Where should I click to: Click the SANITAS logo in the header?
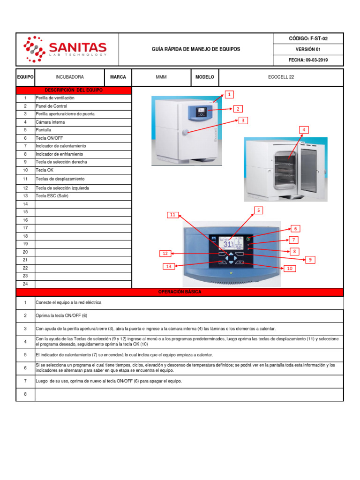(66, 49)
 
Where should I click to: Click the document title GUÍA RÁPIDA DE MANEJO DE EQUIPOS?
(196, 49)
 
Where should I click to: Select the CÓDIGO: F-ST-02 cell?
(308, 38)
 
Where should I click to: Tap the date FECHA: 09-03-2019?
(308, 60)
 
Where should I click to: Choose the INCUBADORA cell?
(70, 77)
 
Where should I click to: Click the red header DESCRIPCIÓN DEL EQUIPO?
(74, 90)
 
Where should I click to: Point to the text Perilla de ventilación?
(55, 98)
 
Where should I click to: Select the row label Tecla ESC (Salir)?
(52, 196)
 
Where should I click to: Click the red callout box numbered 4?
(304, 130)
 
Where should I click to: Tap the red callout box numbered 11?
(172, 215)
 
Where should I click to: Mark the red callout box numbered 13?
(169, 266)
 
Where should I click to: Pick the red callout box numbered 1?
(229, 95)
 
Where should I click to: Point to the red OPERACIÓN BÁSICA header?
(180, 292)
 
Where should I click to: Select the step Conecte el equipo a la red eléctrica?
(68, 303)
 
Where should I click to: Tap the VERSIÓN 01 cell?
(308, 49)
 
